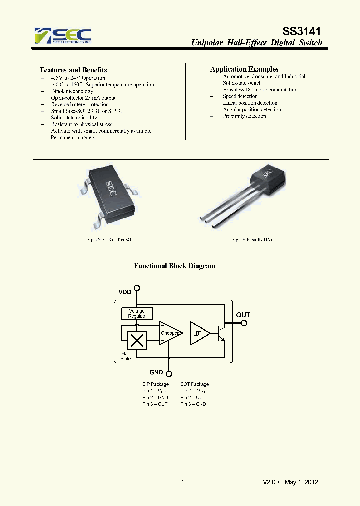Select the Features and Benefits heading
pos(73,70)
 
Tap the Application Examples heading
pos(244,69)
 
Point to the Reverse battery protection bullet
pos(80,105)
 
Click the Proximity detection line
pos(244,116)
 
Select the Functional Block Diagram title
pos(175,266)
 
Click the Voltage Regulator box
pos(136,313)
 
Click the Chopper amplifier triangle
pos(170,333)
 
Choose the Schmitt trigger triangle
pos(199,333)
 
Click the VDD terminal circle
pos(137,288)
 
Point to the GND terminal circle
pos(169,373)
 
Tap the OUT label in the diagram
pos(243,315)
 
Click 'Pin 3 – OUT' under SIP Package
pos(155,404)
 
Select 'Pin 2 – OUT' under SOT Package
pos(193,397)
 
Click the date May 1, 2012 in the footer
pos(301,482)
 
